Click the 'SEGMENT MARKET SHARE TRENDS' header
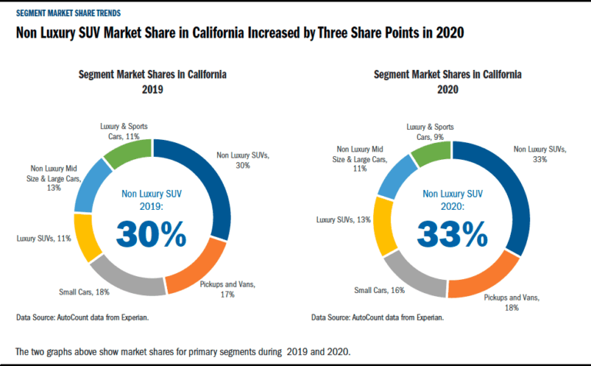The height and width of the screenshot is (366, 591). tap(68, 13)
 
